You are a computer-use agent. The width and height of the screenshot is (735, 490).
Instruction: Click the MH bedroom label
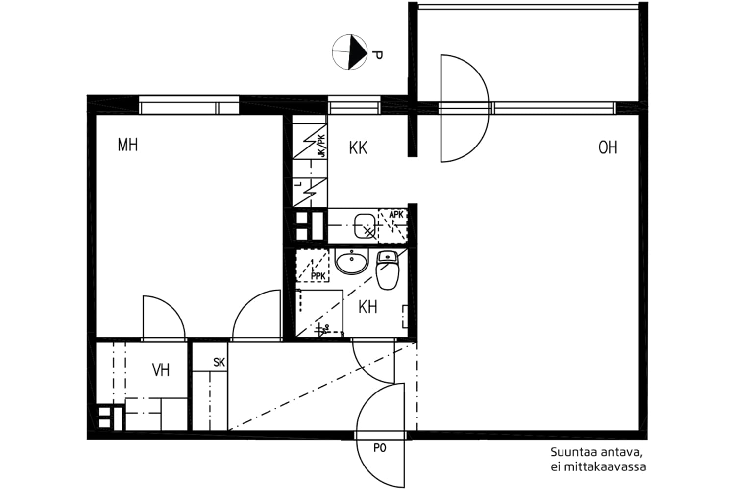[x=127, y=145]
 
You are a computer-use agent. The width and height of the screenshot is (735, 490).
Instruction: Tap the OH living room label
[x=608, y=147]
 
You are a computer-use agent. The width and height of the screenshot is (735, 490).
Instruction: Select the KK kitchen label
[x=358, y=147]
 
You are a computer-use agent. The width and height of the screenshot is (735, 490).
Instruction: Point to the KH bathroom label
[x=367, y=307]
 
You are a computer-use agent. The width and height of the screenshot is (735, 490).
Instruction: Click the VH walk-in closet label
[x=161, y=370]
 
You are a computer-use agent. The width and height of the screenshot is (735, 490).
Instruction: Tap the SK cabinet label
[x=219, y=363]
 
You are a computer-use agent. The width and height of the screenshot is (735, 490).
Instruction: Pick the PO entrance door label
[x=380, y=448]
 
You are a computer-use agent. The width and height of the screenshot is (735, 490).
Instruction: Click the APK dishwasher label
[x=396, y=215]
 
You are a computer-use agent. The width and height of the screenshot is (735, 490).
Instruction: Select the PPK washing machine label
[x=318, y=277]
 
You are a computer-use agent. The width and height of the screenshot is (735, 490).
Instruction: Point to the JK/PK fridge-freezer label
[x=321, y=146]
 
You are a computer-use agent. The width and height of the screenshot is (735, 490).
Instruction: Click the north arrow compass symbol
[x=349, y=51]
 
